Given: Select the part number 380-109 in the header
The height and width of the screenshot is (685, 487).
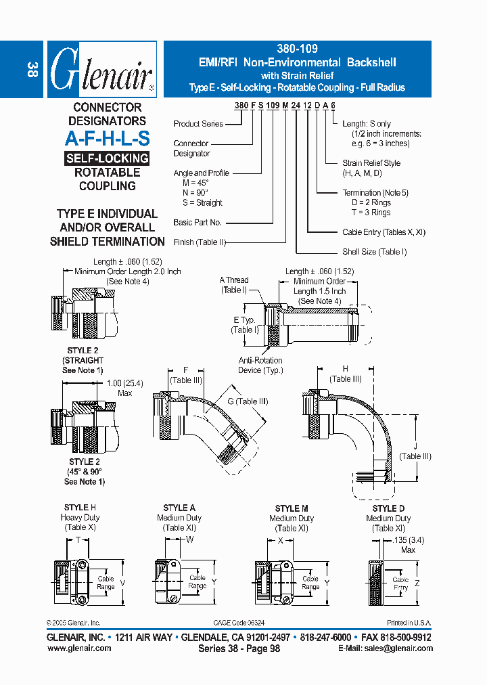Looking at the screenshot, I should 297,49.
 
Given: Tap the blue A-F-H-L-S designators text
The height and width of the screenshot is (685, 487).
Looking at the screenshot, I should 107,139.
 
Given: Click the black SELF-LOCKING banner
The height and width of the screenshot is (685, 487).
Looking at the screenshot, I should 107,158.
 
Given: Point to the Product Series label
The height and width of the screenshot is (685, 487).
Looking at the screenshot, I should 198,124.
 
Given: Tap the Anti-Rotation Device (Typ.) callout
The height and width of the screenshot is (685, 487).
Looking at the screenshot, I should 260,366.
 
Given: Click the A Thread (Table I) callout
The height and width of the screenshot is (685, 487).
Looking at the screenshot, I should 234,285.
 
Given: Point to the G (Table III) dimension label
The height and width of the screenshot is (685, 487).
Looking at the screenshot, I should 248,401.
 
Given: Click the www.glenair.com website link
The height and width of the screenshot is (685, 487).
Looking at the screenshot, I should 79,648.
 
